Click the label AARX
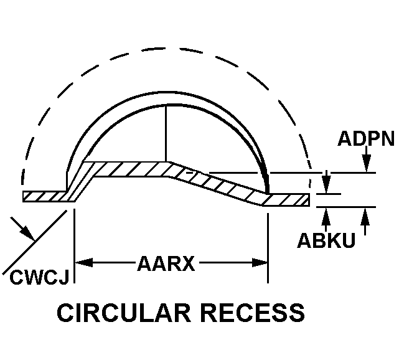coord(166,264)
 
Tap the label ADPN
coord(366,139)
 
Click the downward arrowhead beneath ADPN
coord(366,166)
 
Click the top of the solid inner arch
coord(166,98)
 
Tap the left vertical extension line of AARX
coord(74,243)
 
